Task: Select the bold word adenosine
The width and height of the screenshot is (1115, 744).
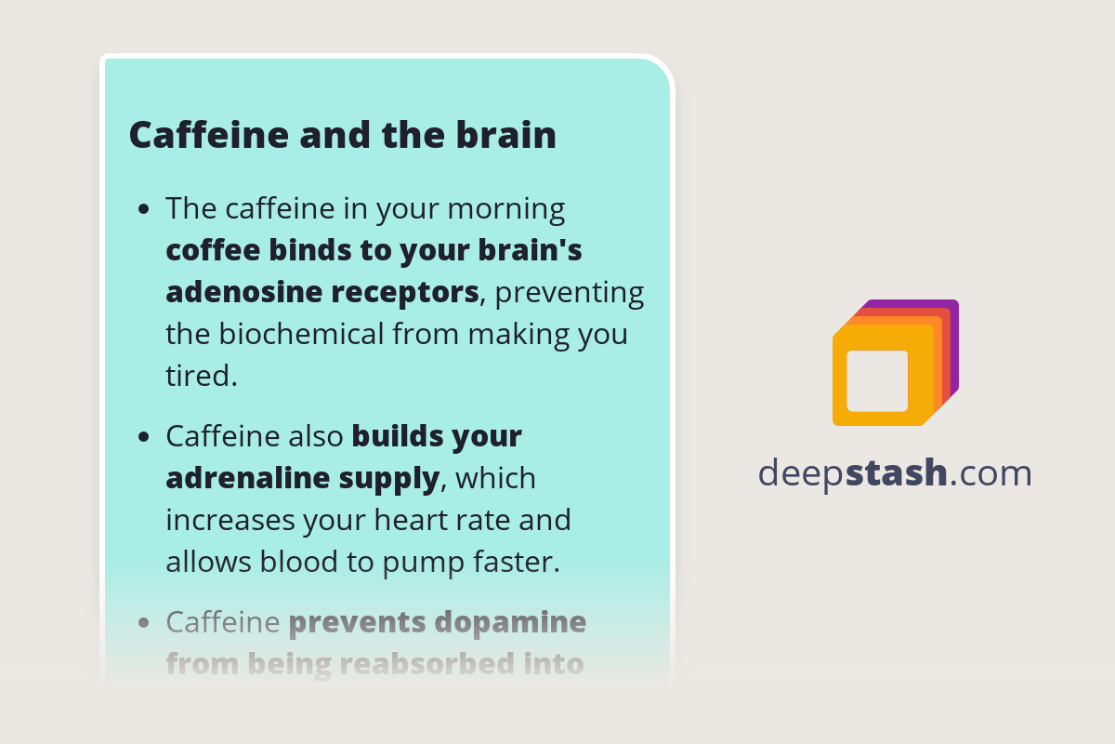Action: tap(244, 292)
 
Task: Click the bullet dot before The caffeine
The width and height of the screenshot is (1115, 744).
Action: tap(143, 209)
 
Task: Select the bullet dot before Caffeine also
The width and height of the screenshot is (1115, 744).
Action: tap(143, 437)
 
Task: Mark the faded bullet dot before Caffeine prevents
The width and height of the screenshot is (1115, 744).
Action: tap(143, 622)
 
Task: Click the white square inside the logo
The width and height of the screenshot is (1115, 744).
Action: tap(877, 380)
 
